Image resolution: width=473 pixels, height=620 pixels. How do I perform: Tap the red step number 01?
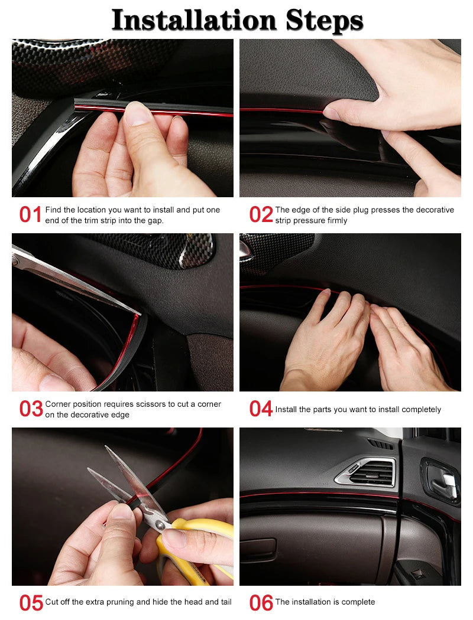point(30,215)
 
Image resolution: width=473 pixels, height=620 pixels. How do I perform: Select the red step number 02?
point(261,215)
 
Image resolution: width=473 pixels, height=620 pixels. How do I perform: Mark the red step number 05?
point(31,603)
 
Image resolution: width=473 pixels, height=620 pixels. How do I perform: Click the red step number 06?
point(261,603)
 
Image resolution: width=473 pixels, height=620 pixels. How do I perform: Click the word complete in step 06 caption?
point(357,602)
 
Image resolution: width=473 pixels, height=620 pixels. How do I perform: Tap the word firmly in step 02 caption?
point(335,220)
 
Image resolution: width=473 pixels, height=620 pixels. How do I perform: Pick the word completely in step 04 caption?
point(420,409)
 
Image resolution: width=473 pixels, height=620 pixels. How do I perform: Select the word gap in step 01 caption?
point(155,220)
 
